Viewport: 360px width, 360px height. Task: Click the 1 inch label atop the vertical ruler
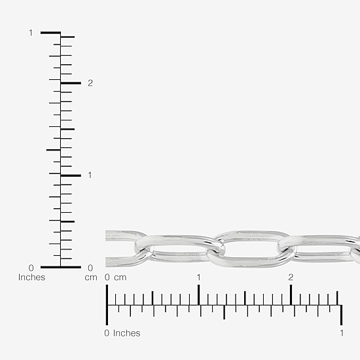(x=31, y=33)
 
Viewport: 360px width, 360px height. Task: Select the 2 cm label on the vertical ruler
(x=90, y=83)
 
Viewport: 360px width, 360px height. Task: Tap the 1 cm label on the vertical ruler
(x=90, y=175)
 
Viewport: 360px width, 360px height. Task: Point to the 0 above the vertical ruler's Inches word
(x=31, y=268)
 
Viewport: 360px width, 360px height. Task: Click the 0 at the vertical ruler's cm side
(x=90, y=268)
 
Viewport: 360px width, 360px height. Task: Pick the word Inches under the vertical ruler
(x=31, y=278)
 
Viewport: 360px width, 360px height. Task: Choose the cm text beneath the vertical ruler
(x=91, y=278)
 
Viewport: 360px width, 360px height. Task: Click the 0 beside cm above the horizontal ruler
(x=107, y=278)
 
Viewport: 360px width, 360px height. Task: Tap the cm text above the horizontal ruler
(x=120, y=278)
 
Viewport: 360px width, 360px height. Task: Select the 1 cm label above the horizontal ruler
(x=199, y=278)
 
